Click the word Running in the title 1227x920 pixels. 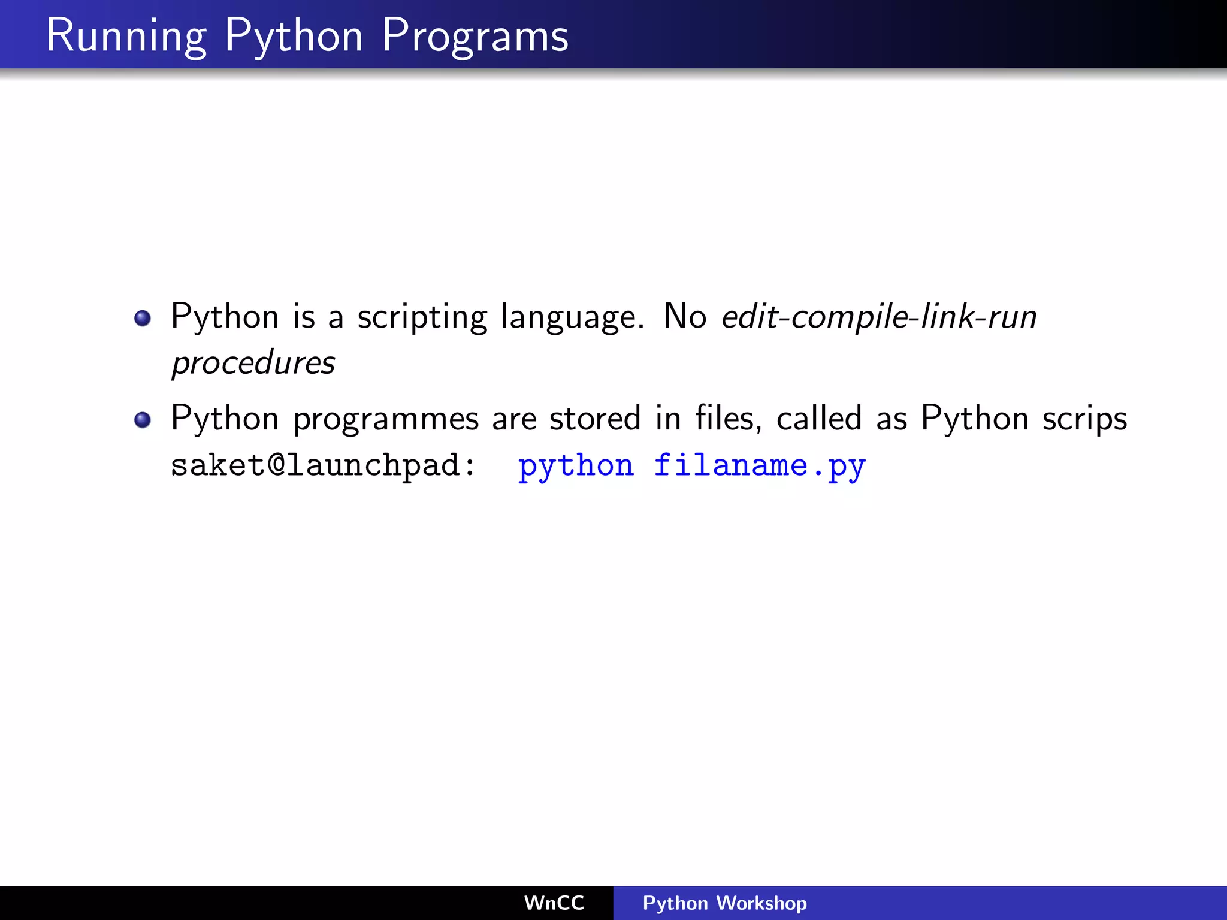point(126,36)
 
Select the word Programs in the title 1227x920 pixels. point(475,36)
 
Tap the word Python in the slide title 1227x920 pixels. point(294,36)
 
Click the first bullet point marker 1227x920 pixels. point(143,318)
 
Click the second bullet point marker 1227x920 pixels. point(143,420)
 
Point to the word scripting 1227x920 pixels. point(422,317)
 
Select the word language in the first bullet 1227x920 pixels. point(572,317)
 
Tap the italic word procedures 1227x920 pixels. point(253,363)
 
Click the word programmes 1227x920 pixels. point(386,419)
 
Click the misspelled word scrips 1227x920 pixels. point(1084,419)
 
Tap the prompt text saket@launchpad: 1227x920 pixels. point(323,465)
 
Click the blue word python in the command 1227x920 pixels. point(576,466)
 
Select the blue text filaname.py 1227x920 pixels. point(760,466)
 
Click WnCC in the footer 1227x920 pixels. point(554,903)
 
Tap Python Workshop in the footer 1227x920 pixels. point(724,903)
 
